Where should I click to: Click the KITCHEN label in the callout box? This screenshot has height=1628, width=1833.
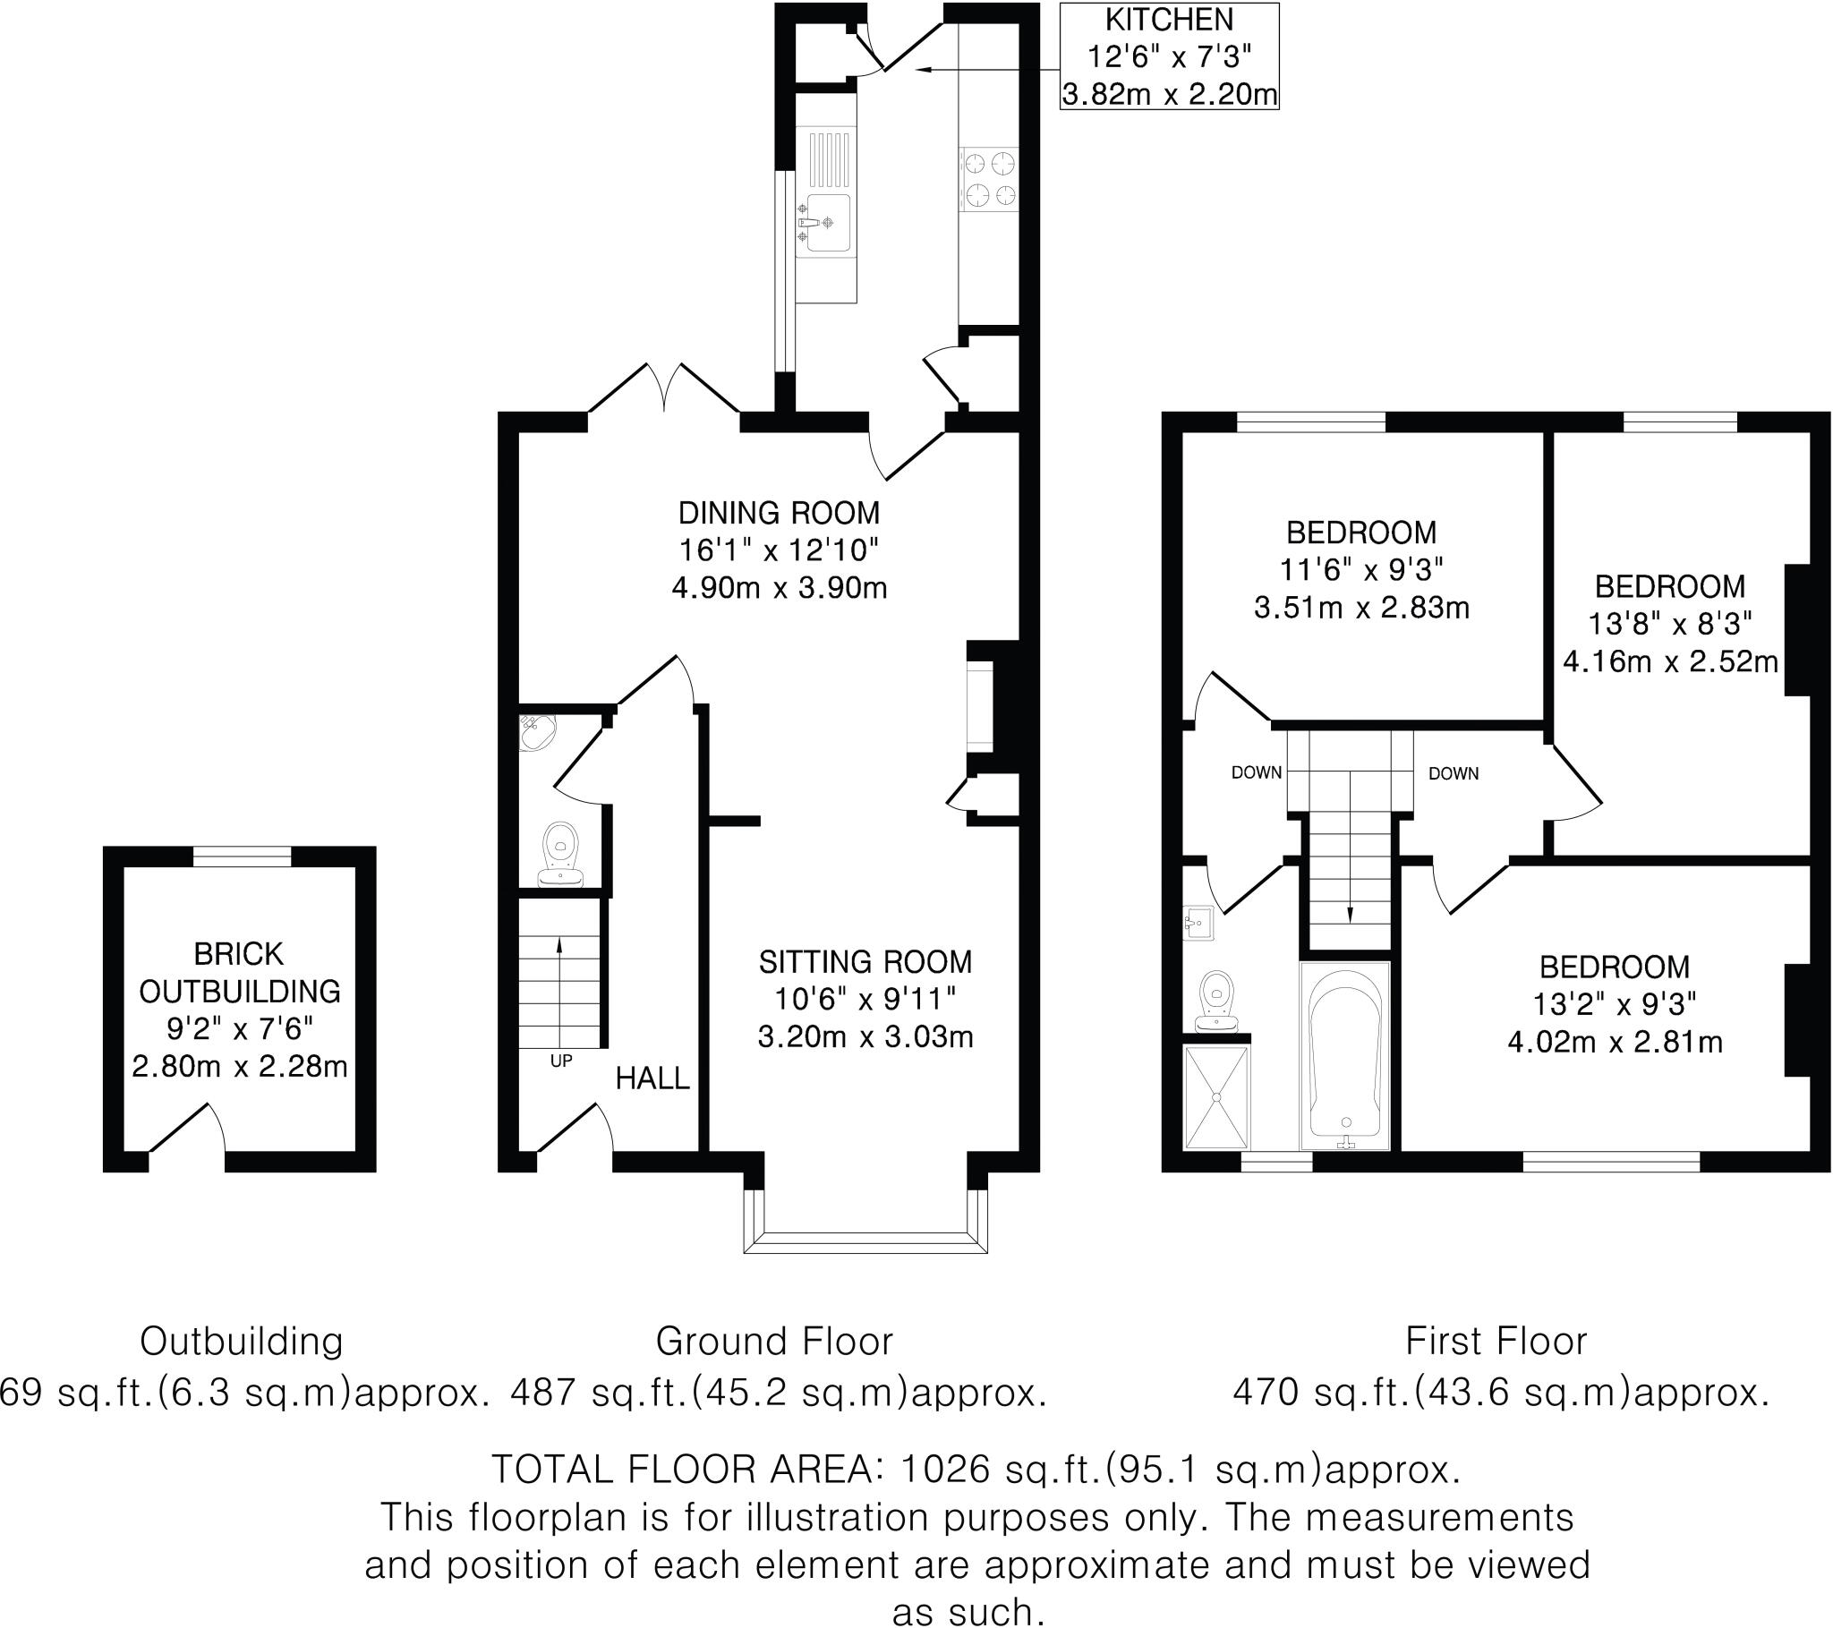pyautogui.click(x=1169, y=20)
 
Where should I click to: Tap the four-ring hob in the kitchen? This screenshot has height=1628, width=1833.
pyautogui.click(x=989, y=178)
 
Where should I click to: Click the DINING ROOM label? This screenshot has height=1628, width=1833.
pyautogui.click(x=779, y=513)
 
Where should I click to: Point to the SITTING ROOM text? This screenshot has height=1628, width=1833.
pyautogui.click(x=865, y=962)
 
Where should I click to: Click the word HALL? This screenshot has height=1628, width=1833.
pyautogui.click(x=652, y=1078)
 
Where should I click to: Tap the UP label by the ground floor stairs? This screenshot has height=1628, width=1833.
pyautogui.click(x=560, y=1061)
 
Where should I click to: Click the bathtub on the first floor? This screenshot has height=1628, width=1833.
pyautogui.click(x=1344, y=1056)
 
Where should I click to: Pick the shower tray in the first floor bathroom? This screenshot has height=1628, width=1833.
pyautogui.click(x=1216, y=1096)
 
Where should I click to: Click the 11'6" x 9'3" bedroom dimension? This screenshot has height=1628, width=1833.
pyautogui.click(x=1360, y=569)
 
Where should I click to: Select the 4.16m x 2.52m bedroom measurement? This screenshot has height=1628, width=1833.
pyautogui.click(x=1670, y=662)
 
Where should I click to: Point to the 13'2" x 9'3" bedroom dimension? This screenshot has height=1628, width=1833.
pyautogui.click(x=1615, y=1003)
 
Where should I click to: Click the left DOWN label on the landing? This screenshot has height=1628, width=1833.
pyautogui.click(x=1256, y=772)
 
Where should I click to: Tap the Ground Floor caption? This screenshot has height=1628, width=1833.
pyautogui.click(x=774, y=1342)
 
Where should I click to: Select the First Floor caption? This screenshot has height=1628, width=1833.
pyautogui.click(x=1496, y=1342)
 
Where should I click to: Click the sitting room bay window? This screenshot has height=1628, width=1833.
pyautogui.click(x=865, y=1241)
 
